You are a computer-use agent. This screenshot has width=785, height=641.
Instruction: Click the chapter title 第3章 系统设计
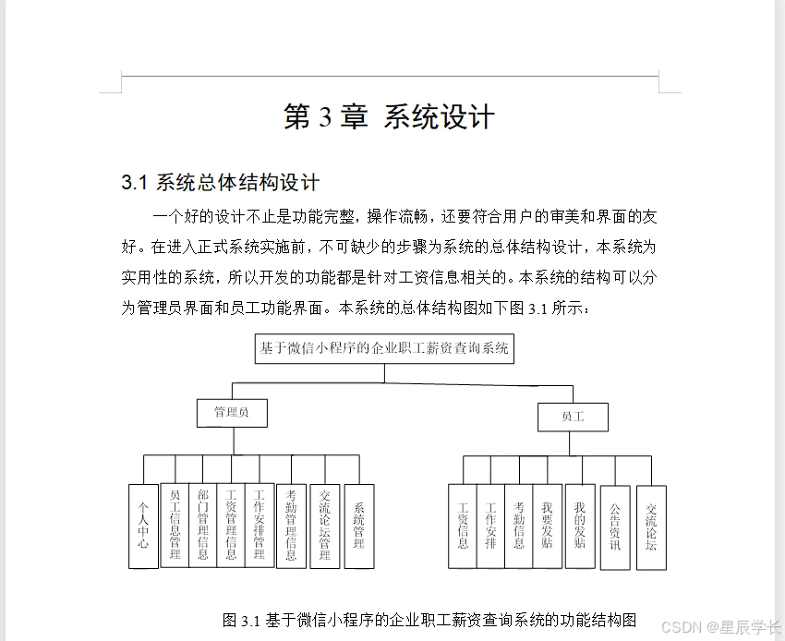tap(389, 117)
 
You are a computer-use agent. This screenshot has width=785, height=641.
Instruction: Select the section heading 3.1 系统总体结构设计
tap(220, 182)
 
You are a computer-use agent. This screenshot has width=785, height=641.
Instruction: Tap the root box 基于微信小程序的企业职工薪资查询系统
tap(383, 348)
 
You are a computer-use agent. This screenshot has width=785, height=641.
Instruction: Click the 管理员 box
tap(231, 412)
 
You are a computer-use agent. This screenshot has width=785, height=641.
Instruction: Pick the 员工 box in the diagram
tap(573, 417)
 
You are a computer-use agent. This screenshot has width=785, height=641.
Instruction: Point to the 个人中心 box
tap(143, 526)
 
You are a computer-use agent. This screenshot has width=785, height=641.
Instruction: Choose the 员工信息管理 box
tap(175, 524)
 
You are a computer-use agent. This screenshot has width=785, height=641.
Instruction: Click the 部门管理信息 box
tap(202, 524)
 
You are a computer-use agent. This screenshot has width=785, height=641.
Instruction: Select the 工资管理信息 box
tap(231, 524)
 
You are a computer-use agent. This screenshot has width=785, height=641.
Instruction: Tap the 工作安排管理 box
tap(260, 524)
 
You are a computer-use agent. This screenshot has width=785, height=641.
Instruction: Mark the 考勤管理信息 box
tap(291, 524)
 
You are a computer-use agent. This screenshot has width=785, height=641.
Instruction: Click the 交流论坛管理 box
tap(324, 524)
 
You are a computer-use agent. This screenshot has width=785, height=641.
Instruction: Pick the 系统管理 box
tap(358, 526)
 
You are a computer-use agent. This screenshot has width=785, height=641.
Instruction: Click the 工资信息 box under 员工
tap(463, 526)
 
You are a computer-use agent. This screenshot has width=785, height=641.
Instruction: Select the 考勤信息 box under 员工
tap(519, 526)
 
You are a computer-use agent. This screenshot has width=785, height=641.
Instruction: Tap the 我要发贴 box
tap(548, 526)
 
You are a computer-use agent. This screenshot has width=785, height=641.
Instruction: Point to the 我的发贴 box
tap(580, 526)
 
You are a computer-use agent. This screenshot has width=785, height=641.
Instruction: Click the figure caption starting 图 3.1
tap(429, 619)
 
